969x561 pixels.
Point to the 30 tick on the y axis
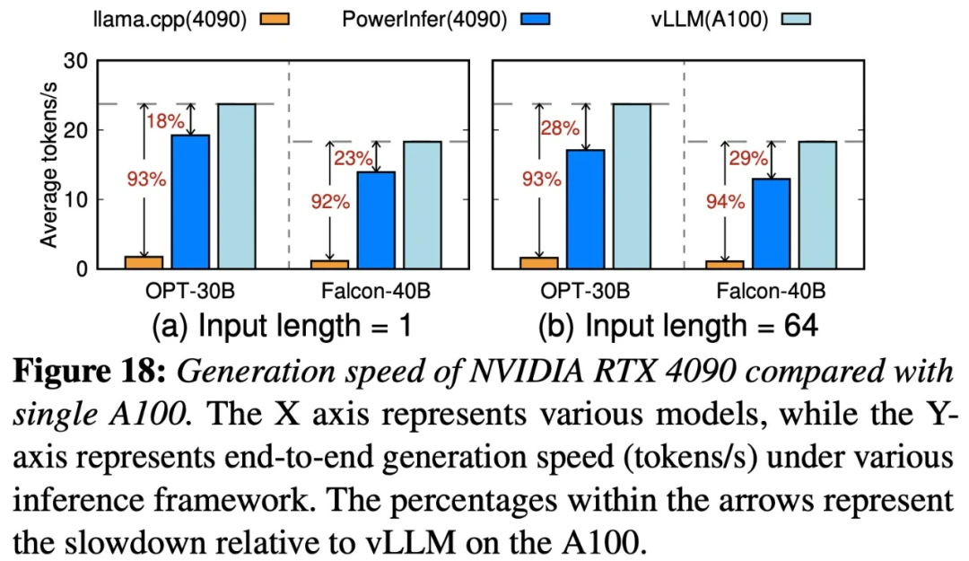[76, 61]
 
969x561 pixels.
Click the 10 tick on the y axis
[76, 199]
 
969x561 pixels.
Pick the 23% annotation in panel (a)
[354, 159]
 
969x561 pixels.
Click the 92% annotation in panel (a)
[330, 202]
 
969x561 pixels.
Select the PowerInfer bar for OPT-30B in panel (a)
[190, 201]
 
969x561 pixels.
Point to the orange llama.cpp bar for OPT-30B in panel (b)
[539, 262]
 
